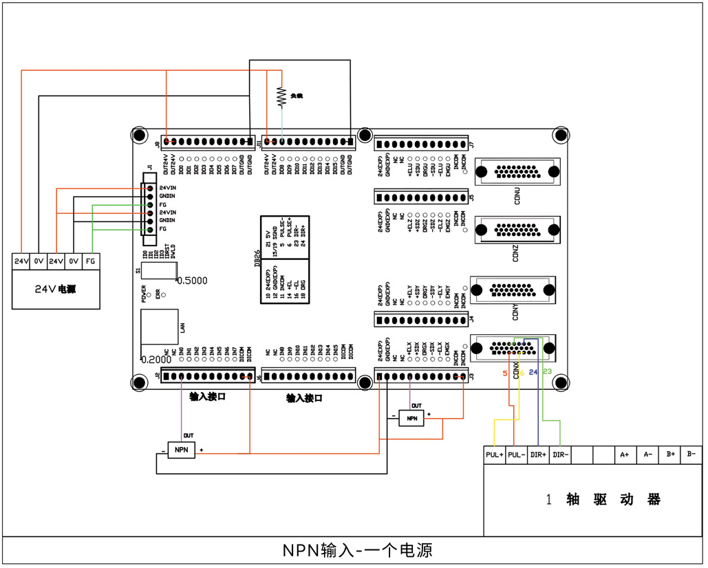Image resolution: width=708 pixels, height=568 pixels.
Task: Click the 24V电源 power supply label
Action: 56,289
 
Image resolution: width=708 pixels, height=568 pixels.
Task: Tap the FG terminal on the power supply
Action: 91,261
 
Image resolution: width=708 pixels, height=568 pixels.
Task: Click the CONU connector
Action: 515,172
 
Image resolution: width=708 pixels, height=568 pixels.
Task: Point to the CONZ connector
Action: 515,230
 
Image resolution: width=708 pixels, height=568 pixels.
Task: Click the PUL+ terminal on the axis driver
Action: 494,455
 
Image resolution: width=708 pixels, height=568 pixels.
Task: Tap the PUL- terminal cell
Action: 516,455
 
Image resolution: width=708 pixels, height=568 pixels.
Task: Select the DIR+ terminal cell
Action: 538,455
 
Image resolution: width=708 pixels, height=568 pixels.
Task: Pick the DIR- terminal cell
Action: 560,455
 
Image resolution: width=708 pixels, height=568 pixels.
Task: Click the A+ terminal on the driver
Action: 625,455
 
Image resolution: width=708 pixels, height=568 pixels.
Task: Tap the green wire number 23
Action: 548,372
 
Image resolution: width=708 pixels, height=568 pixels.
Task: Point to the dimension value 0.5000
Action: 192,281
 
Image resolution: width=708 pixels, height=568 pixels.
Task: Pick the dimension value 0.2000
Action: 155,360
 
